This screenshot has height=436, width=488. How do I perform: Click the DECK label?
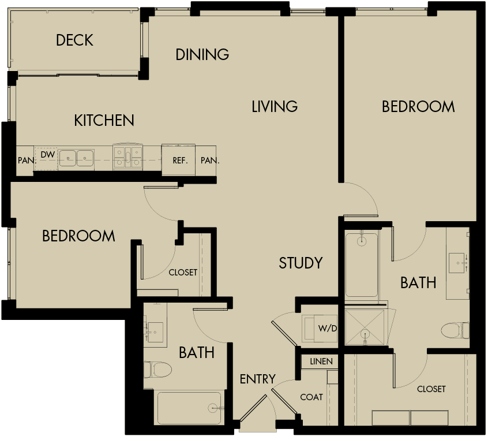coord(74,40)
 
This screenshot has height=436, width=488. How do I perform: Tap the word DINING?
coord(202,54)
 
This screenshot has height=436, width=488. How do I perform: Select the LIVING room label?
coord(275,106)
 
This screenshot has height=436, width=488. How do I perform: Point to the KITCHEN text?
coord(104,120)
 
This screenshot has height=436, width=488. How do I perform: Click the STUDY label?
coord(300,263)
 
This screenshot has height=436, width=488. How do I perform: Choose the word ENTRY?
coord(257,379)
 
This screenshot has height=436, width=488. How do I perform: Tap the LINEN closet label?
coord(321,362)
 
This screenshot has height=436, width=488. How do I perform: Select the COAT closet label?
coord(311,397)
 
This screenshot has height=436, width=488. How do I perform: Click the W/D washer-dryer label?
coord(326,329)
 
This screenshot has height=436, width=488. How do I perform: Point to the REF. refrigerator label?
coord(180,161)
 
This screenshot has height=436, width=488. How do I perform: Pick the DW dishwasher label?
coord(48,155)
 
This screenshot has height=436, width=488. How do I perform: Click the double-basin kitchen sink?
coord(76,158)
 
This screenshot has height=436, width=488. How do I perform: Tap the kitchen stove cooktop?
coord(128,156)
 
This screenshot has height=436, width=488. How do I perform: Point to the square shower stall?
coord(364,327)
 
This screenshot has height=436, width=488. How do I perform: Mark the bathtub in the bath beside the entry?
coord(190,407)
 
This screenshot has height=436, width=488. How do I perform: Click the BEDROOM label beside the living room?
coord(418,107)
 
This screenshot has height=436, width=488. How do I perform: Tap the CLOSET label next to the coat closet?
coord(431,389)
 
